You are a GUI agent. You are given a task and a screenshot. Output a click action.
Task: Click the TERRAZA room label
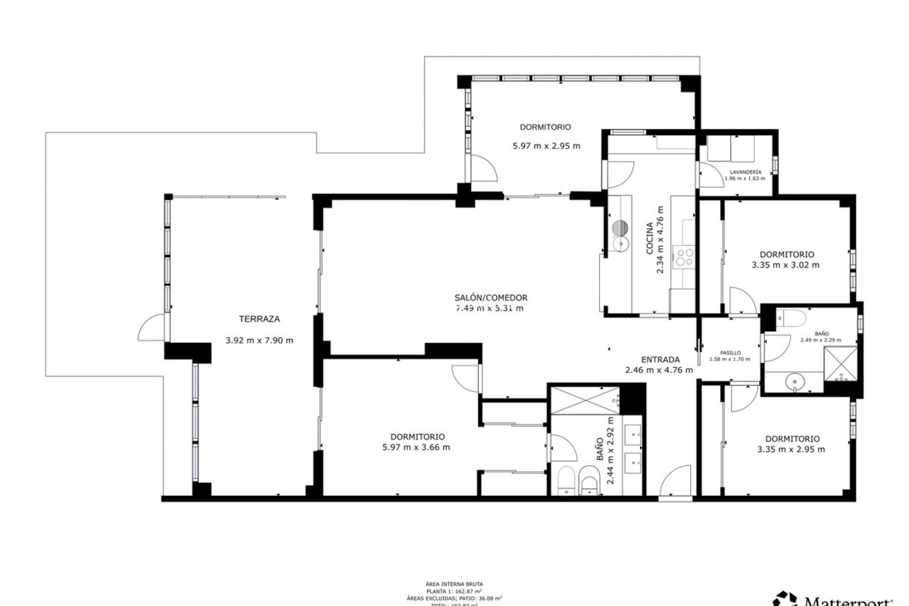click(x=259, y=319)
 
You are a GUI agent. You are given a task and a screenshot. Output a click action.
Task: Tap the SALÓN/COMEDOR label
click(x=490, y=298)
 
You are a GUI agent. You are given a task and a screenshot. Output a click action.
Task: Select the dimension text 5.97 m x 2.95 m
click(x=546, y=146)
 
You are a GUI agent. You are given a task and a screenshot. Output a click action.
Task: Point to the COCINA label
click(x=650, y=239)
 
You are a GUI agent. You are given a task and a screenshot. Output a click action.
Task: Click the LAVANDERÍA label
click(x=745, y=172)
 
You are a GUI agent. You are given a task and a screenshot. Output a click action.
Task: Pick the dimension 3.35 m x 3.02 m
click(x=785, y=265)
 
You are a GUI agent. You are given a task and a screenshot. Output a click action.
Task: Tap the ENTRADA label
click(x=660, y=359)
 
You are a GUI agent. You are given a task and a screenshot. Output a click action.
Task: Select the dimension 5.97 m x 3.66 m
click(x=416, y=447)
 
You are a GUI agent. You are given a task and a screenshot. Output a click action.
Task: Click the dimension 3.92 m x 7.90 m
click(x=259, y=340)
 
